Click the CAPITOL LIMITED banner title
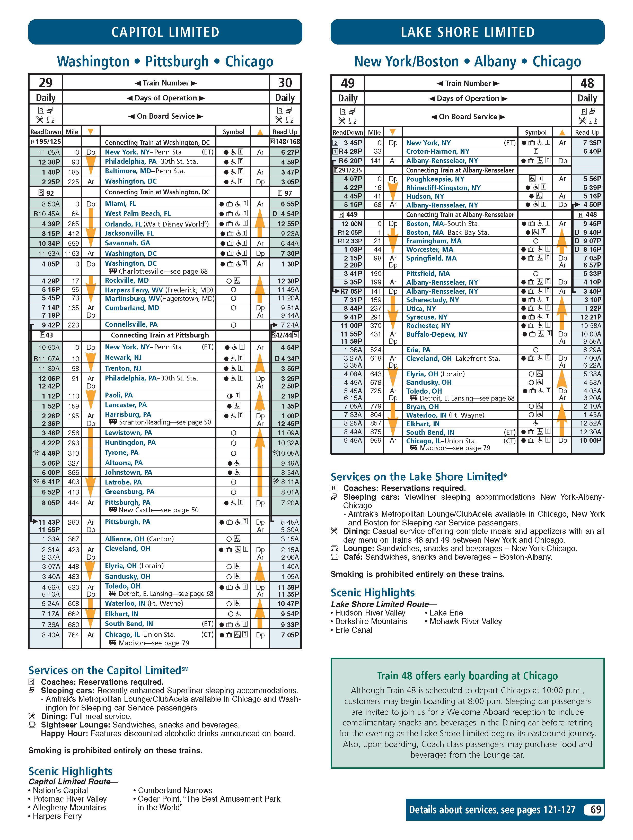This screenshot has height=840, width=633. (165, 32)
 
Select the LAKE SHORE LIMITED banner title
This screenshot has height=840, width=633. (468, 32)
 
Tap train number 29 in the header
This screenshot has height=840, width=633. (46, 82)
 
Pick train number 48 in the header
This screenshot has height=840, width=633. (587, 83)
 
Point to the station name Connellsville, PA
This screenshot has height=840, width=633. (131, 324)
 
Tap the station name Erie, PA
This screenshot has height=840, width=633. (418, 350)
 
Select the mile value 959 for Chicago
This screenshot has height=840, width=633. (375, 440)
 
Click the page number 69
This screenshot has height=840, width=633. (595, 810)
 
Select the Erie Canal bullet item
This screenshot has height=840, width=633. (353, 630)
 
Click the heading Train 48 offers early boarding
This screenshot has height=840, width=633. (467, 676)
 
